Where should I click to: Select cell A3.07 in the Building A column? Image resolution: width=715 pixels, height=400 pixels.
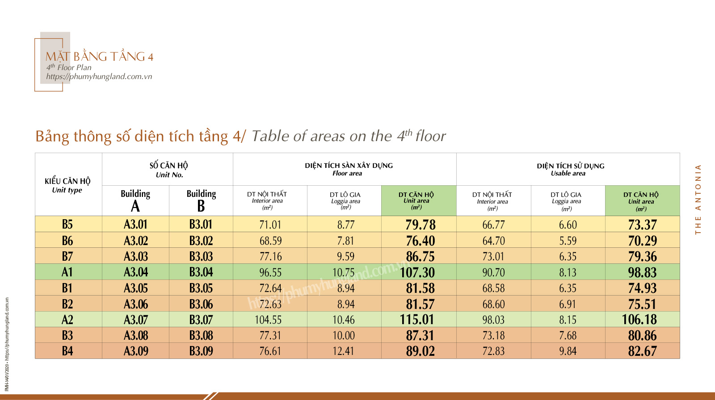[x=136, y=320]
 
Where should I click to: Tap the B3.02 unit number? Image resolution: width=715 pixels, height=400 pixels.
[x=201, y=241]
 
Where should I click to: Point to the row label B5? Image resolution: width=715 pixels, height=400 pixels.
[x=67, y=224]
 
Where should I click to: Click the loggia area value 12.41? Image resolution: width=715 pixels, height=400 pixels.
[x=343, y=351]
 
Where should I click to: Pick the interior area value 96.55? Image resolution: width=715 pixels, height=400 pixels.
[x=270, y=272]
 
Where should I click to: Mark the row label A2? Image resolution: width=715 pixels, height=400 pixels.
[x=67, y=320]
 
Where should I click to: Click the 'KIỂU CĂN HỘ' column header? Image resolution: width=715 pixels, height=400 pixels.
[x=67, y=181]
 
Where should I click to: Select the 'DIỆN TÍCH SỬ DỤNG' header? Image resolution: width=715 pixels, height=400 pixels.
[x=571, y=166]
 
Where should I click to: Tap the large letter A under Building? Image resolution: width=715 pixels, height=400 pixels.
[x=135, y=206]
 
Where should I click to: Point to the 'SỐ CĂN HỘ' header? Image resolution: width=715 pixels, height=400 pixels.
[x=169, y=166]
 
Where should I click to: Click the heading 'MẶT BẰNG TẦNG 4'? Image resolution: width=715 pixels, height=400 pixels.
[x=100, y=57]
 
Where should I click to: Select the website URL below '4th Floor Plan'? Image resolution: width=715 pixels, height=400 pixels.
[x=99, y=76]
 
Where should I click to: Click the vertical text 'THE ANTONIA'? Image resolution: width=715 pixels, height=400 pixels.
[x=698, y=199]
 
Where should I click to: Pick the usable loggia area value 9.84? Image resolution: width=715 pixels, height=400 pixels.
[x=568, y=351]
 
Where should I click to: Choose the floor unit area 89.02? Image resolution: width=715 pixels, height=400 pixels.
[x=420, y=351]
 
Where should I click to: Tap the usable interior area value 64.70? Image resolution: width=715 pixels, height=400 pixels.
[x=493, y=241]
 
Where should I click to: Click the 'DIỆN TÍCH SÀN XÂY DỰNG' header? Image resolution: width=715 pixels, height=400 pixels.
[x=349, y=166]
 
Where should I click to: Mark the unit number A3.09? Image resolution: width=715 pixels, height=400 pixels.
[x=136, y=351]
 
